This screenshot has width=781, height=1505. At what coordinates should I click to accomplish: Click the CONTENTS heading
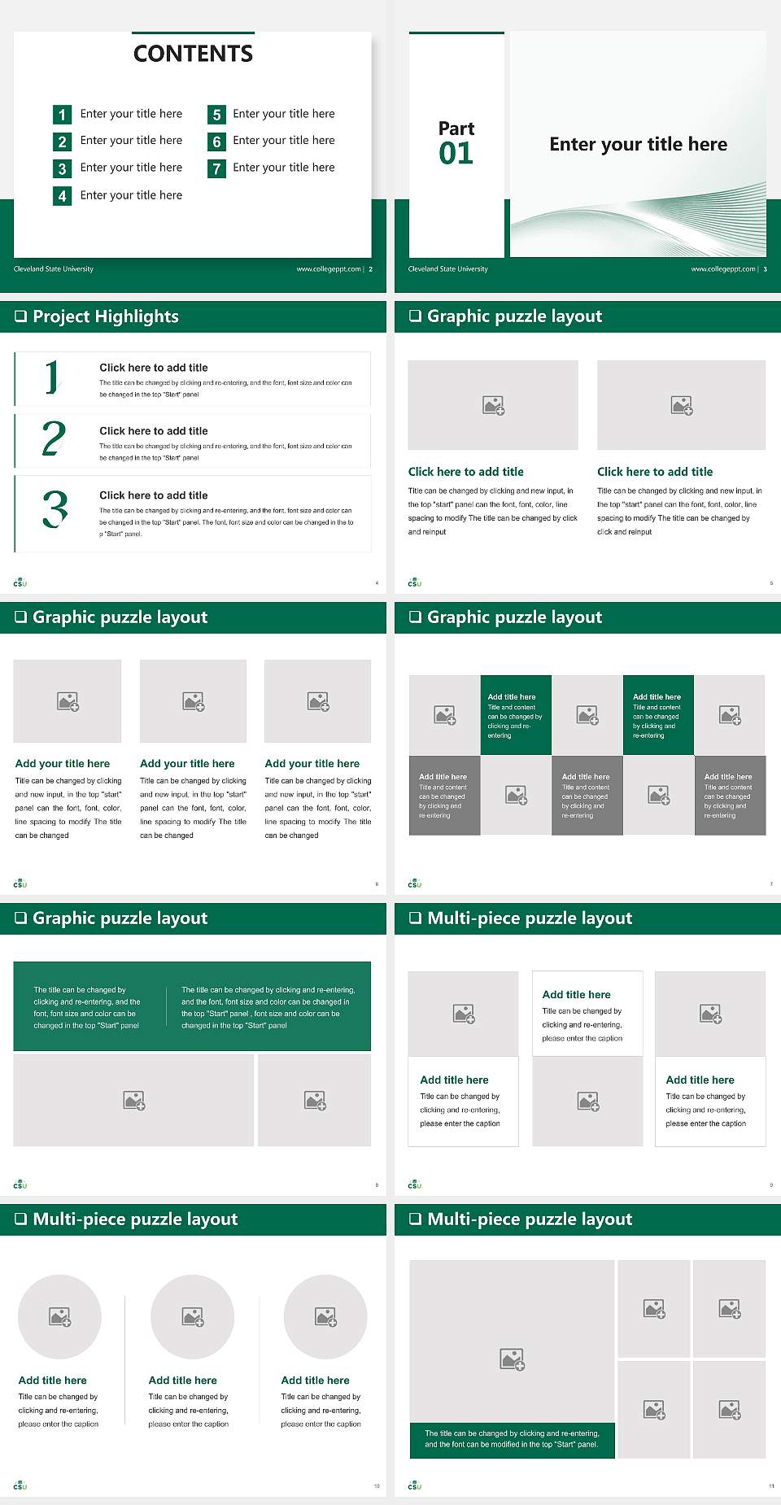[193, 54]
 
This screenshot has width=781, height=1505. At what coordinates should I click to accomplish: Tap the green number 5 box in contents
[216, 115]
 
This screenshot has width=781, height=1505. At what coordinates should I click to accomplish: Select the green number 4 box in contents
[62, 196]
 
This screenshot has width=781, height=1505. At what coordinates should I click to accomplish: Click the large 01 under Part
[456, 153]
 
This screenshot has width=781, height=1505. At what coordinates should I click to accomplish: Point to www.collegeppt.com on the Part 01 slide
[722, 269]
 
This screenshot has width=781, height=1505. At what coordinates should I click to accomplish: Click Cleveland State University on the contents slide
[54, 269]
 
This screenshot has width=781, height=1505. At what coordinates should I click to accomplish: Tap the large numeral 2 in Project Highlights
[54, 439]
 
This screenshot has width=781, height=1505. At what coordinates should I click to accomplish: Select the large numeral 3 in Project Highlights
[55, 509]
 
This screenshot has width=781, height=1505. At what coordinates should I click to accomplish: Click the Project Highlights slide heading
[106, 316]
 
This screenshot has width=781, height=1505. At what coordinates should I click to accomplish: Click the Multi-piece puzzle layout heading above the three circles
[135, 1219]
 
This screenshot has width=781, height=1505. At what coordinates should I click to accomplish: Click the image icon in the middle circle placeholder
[193, 1317]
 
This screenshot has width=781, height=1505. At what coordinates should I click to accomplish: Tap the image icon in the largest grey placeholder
[512, 1359]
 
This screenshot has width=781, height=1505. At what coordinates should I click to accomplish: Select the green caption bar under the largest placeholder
[512, 1439]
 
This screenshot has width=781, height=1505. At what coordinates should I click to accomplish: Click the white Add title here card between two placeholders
[587, 1014]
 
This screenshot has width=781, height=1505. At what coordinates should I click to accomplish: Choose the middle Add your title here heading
[187, 764]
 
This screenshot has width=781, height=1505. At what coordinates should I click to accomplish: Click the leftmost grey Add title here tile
[444, 795]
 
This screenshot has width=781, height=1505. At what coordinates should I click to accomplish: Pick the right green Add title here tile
[658, 715]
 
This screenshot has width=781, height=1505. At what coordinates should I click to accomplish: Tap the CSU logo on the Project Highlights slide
[20, 582]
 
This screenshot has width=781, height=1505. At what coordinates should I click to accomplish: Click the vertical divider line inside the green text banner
[167, 1006]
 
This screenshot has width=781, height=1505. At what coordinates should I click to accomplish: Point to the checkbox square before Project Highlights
[21, 316]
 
